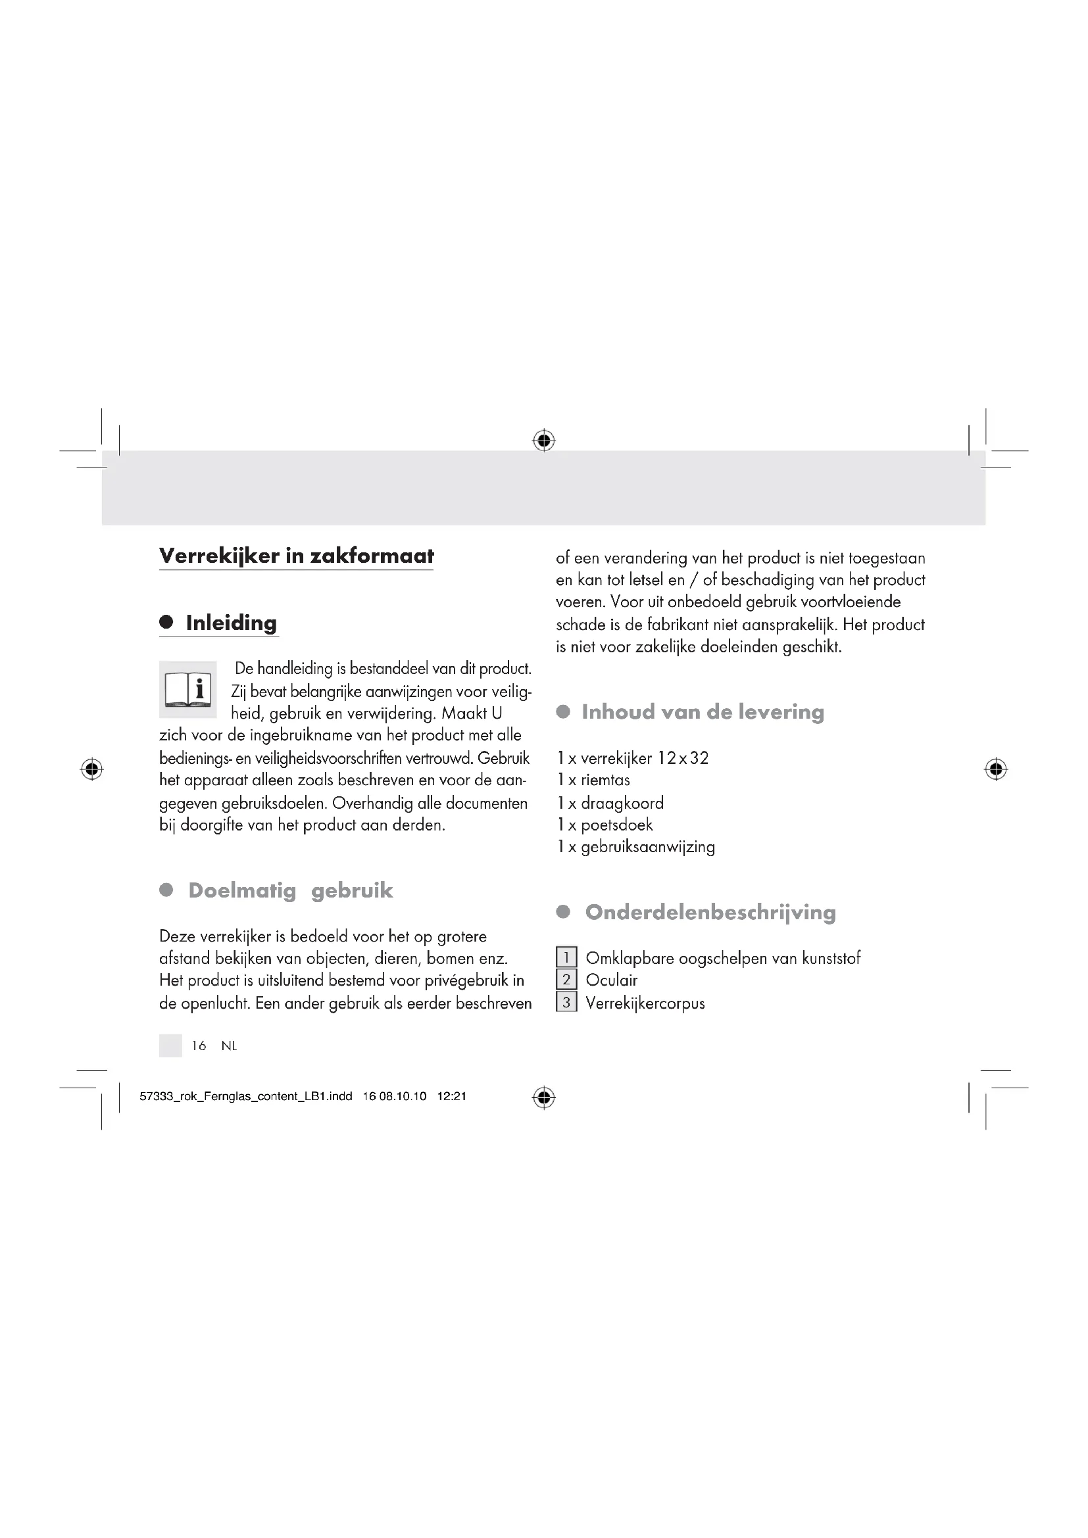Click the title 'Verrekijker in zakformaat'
296,556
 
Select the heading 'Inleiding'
231,623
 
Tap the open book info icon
187,689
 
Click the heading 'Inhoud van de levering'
703,712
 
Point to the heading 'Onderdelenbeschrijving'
710,913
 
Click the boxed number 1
566,957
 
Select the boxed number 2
566,980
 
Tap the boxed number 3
566,1003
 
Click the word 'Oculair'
612,980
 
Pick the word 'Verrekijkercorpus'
645,1003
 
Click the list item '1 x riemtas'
593,781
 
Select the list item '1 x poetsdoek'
605,825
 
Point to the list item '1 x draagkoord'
610,803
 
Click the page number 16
199,1046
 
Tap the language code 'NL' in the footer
229,1046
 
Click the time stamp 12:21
451,1097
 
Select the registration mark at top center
544,440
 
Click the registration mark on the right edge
996,769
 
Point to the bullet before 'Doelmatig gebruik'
166,890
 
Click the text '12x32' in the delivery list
683,758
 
